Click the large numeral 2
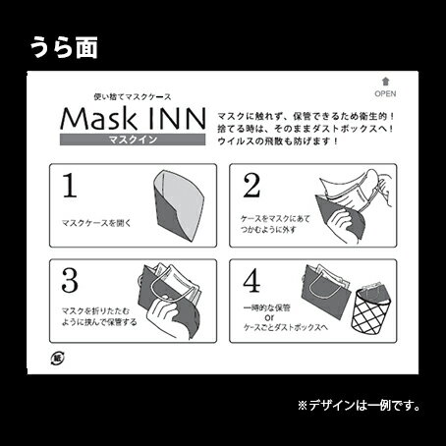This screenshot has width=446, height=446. point(250,184)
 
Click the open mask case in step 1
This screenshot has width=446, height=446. point(176,201)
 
